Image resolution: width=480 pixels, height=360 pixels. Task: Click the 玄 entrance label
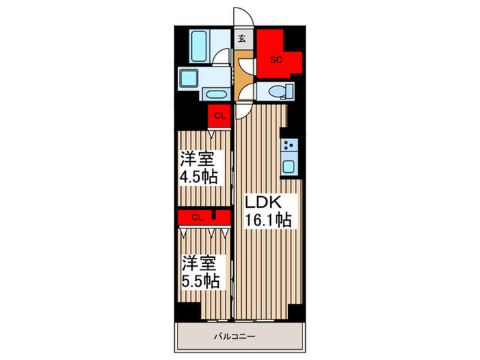(x=242, y=38)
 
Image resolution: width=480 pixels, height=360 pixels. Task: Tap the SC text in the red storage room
(x=276, y=60)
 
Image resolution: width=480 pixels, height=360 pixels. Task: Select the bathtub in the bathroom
(x=199, y=46)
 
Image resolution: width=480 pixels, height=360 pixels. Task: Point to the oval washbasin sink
(x=214, y=94)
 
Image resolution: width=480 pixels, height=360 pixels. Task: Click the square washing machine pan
(x=189, y=78)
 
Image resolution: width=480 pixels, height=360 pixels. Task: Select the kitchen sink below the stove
(x=289, y=166)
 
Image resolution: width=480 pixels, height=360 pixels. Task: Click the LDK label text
(x=263, y=202)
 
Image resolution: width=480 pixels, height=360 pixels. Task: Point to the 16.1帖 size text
(x=268, y=219)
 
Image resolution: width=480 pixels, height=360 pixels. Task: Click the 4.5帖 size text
(x=199, y=177)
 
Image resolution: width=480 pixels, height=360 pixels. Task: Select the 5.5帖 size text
(x=201, y=280)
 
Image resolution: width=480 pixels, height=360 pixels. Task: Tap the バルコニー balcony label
(x=235, y=337)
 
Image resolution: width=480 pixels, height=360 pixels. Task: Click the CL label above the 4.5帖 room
(x=220, y=116)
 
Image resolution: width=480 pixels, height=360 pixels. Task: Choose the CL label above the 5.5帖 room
(x=197, y=217)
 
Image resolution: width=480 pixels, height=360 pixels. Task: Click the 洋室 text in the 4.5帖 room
(x=197, y=159)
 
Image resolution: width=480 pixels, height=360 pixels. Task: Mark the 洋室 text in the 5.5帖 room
(x=200, y=263)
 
